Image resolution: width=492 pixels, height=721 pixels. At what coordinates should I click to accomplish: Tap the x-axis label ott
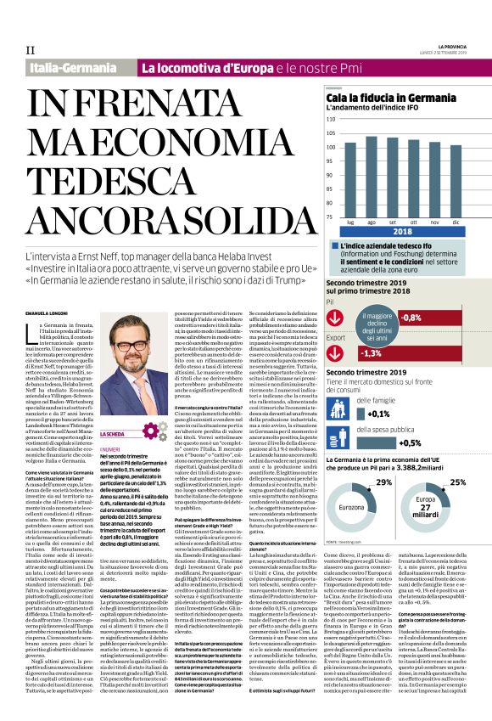[413, 222]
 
